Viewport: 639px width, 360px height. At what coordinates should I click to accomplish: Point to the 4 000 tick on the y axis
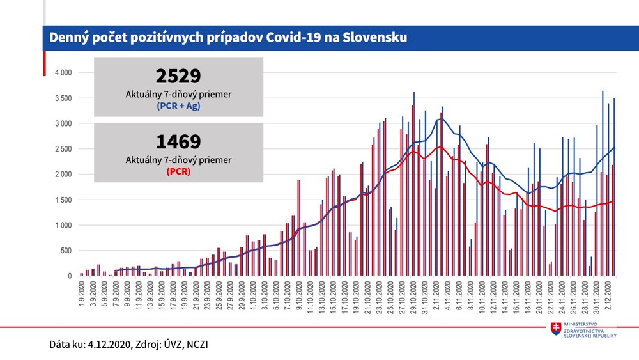click(63, 72)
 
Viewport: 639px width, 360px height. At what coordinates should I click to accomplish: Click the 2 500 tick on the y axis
click(63, 149)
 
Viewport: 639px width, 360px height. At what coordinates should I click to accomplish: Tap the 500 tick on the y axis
click(66, 251)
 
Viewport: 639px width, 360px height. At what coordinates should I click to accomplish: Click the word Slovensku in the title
click(371, 38)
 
